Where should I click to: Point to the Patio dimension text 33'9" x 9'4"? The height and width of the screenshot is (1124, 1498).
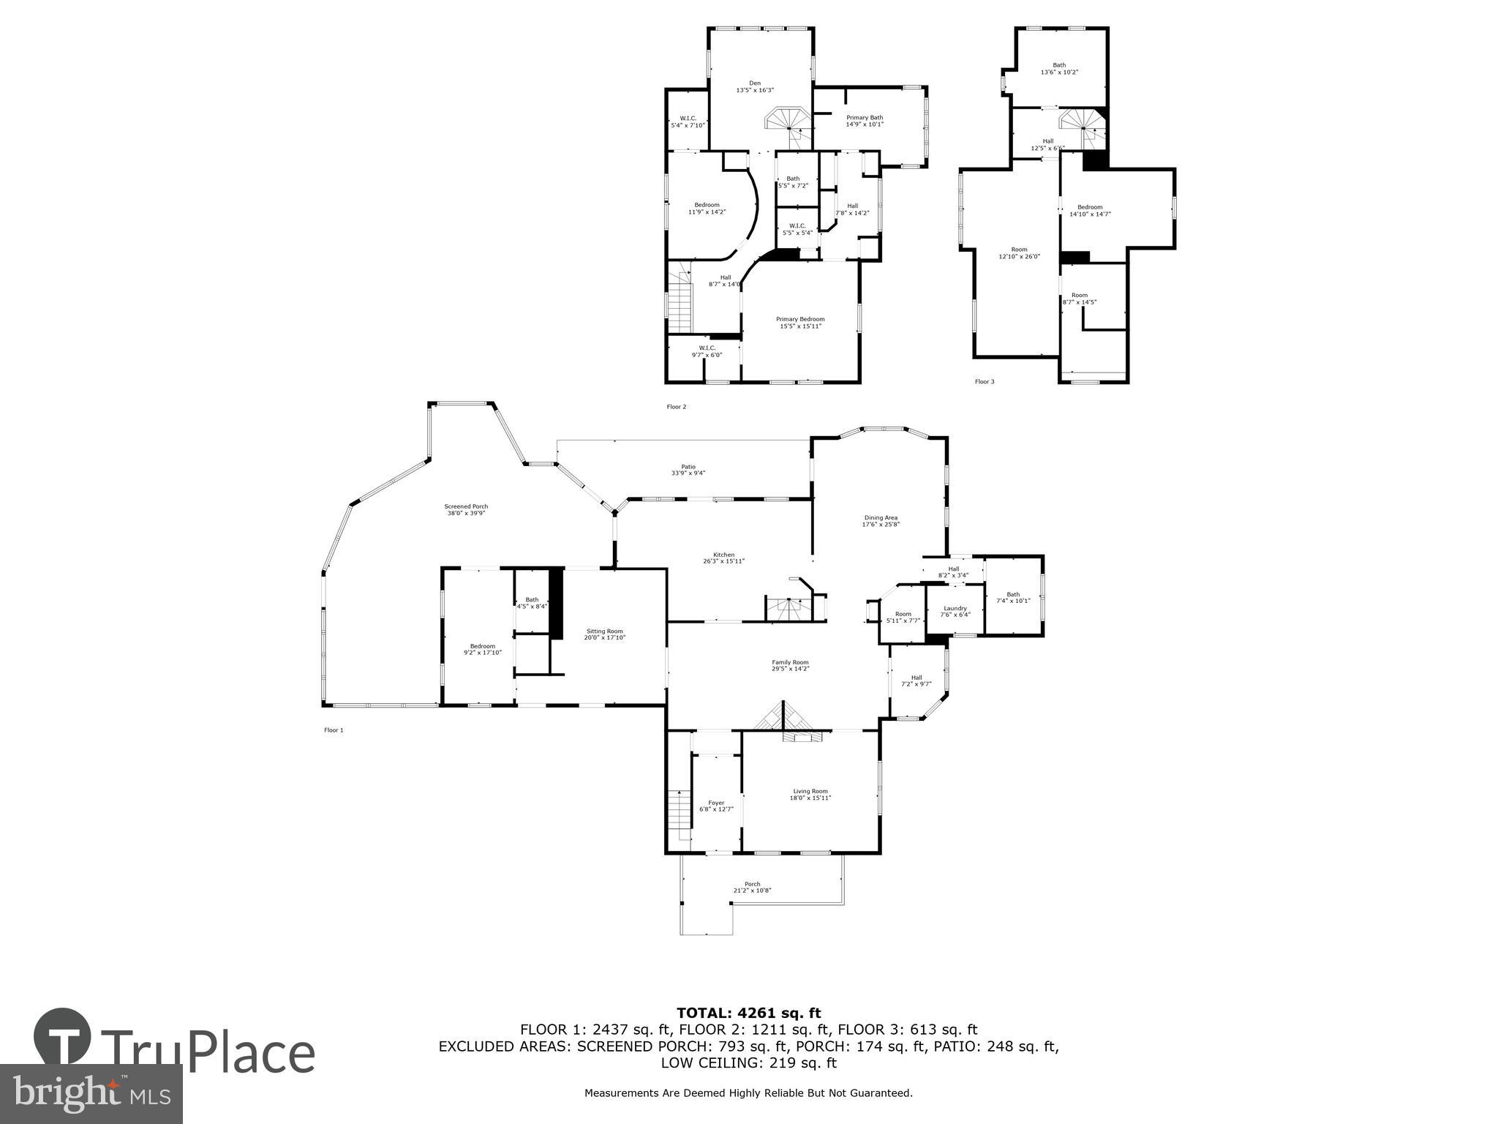coord(688,473)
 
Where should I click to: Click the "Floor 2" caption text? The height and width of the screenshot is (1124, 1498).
coord(677,407)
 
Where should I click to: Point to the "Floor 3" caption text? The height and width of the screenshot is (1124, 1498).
coord(985,382)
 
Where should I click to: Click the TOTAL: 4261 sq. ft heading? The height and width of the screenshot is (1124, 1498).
coord(748,1014)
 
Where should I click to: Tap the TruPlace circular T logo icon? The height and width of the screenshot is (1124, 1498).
coord(63,1038)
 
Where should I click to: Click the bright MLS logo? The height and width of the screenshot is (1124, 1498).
coord(91,1093)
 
